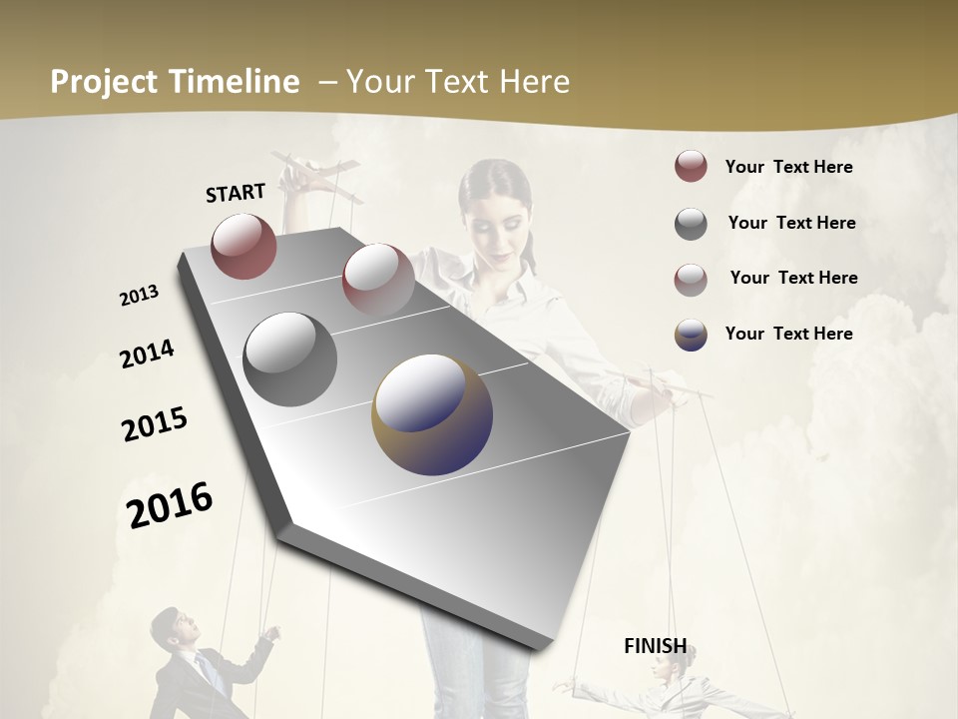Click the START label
pos(236,192)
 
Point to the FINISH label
pos(656,646)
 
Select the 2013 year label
pos(139,296)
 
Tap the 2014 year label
pos(147,354)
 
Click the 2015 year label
pos(155,424)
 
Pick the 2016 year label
pos(170,504)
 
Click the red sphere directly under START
pos(243,246)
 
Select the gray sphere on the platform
pos(290,359)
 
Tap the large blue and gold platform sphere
pos(432,413)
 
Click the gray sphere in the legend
pos(691,224)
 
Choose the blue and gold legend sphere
pos(691,335)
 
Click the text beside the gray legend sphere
pos(791,223)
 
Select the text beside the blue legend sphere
pos(788,334)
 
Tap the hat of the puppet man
pos(167,617)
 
